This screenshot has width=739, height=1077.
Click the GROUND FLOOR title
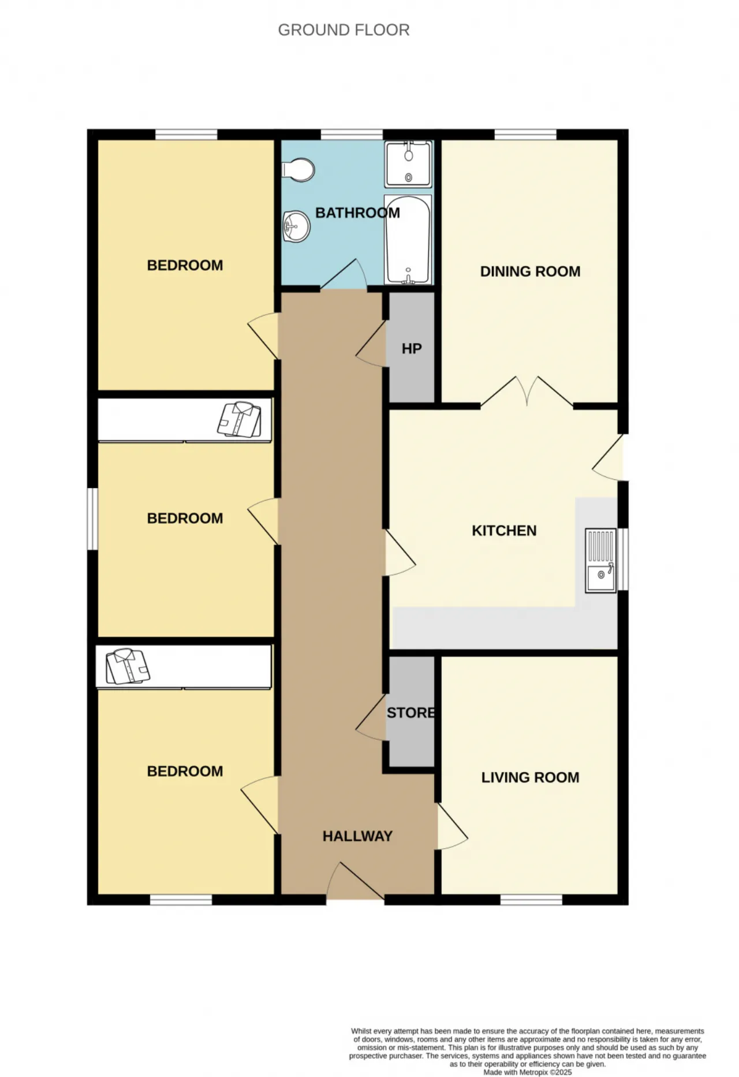[344, 30]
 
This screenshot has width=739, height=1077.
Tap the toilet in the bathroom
[298, 170]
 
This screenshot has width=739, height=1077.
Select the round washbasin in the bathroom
[297, 226]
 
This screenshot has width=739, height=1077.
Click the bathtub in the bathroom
[408, 240]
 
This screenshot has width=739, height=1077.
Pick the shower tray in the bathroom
[408, 164]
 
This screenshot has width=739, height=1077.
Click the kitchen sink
[601, 560]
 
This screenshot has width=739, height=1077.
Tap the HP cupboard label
[412, 349]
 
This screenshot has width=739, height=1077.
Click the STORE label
[410, 713]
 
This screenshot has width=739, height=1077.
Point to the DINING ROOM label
[530, 271]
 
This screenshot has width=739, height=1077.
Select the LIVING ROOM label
[530, 777]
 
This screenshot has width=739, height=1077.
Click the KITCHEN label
[504, 531]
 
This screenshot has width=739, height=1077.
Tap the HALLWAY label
[357, 836]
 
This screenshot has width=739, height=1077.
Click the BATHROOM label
[357, 213]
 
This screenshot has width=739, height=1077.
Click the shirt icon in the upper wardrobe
[239, 419]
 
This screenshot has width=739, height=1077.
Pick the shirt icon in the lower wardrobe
[128, 666]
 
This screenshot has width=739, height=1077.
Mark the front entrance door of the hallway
[355, 882]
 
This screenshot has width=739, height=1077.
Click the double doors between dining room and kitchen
[527, 392]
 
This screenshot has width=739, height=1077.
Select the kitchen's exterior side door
[608, 457]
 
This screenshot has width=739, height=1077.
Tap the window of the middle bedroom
[92, 519]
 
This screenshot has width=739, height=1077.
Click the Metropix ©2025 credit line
[527, 1072]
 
